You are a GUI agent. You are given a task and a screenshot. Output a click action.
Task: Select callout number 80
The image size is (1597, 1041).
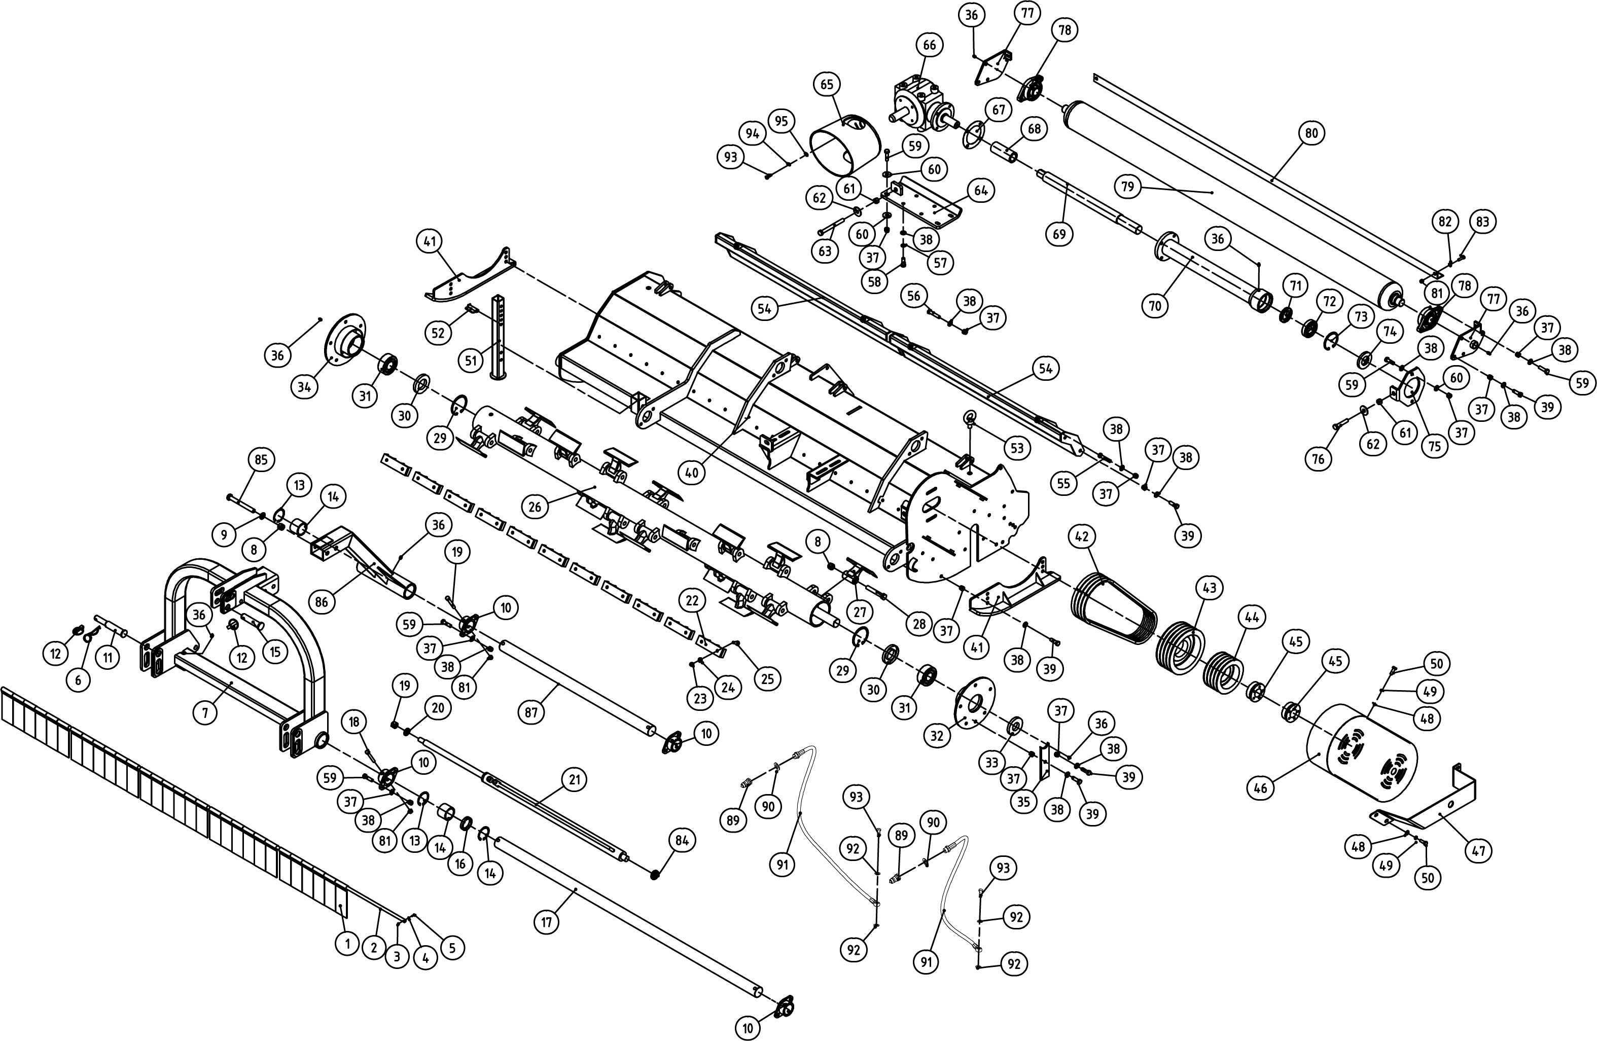(x=1311, y=133)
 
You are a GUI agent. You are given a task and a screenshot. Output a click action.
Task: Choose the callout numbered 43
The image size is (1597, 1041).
(x=1209, y=588)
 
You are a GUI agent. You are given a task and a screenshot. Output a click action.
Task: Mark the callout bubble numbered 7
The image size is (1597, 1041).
(x=205, y=713)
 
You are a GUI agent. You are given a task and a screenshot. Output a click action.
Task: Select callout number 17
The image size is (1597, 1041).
(x=546, y=922)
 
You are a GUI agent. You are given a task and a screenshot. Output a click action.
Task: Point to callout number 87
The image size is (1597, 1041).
(x=531, y=712)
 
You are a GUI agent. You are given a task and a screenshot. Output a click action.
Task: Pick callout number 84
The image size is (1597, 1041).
(x=682, y=840)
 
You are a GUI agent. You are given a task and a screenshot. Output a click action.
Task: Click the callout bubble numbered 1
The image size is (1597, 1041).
(x=346, y=944)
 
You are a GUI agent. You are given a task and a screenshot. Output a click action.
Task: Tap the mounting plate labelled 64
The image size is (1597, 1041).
(x=930, y=204)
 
